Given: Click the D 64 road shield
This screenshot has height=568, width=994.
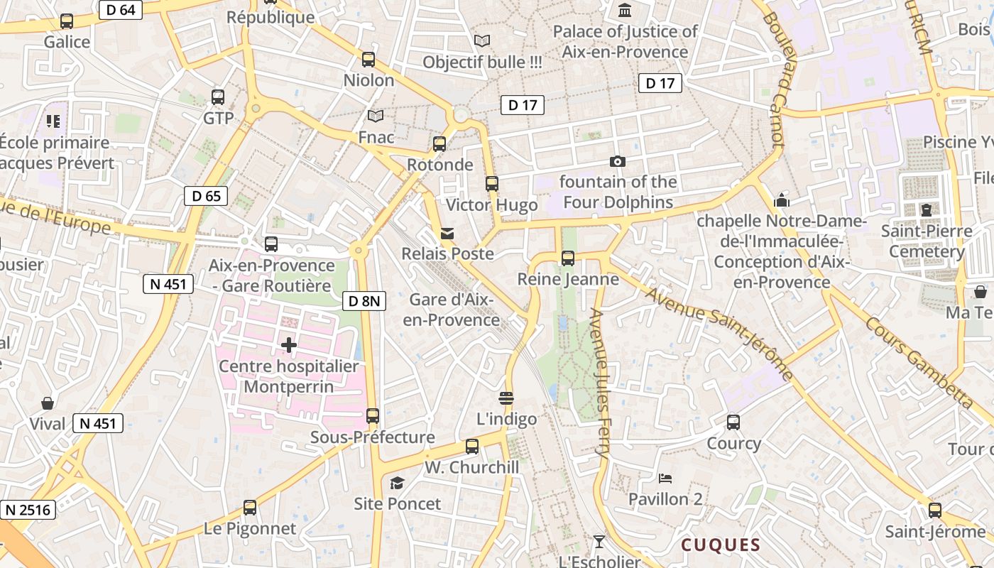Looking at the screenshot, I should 121,10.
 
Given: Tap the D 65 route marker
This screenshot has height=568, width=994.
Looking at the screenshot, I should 206,196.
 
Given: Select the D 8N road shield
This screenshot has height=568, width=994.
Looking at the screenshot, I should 366,301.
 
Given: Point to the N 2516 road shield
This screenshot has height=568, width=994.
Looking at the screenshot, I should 28,510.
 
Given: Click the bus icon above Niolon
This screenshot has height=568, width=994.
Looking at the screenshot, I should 368,60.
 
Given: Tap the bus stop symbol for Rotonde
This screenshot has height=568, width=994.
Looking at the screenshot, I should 439,144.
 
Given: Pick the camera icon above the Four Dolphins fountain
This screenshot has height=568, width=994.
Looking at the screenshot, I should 618,162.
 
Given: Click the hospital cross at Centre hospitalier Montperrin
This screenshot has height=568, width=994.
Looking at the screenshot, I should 288,346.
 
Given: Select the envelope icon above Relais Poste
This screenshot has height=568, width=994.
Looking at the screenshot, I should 447,234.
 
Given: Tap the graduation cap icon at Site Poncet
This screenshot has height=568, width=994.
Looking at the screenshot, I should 397,484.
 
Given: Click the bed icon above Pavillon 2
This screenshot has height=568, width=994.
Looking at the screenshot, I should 665,479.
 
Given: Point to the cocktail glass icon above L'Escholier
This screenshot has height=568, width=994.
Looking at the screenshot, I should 599,542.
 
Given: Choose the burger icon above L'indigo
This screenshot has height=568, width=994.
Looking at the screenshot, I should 506,398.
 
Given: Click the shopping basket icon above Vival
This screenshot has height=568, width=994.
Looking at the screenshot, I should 48,404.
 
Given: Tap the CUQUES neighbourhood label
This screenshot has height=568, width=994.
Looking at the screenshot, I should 721,545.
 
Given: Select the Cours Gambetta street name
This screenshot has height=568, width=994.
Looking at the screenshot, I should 920,362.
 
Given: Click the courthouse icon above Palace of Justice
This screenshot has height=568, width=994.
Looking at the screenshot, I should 625,11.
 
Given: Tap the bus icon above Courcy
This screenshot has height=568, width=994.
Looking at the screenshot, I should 733,422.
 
